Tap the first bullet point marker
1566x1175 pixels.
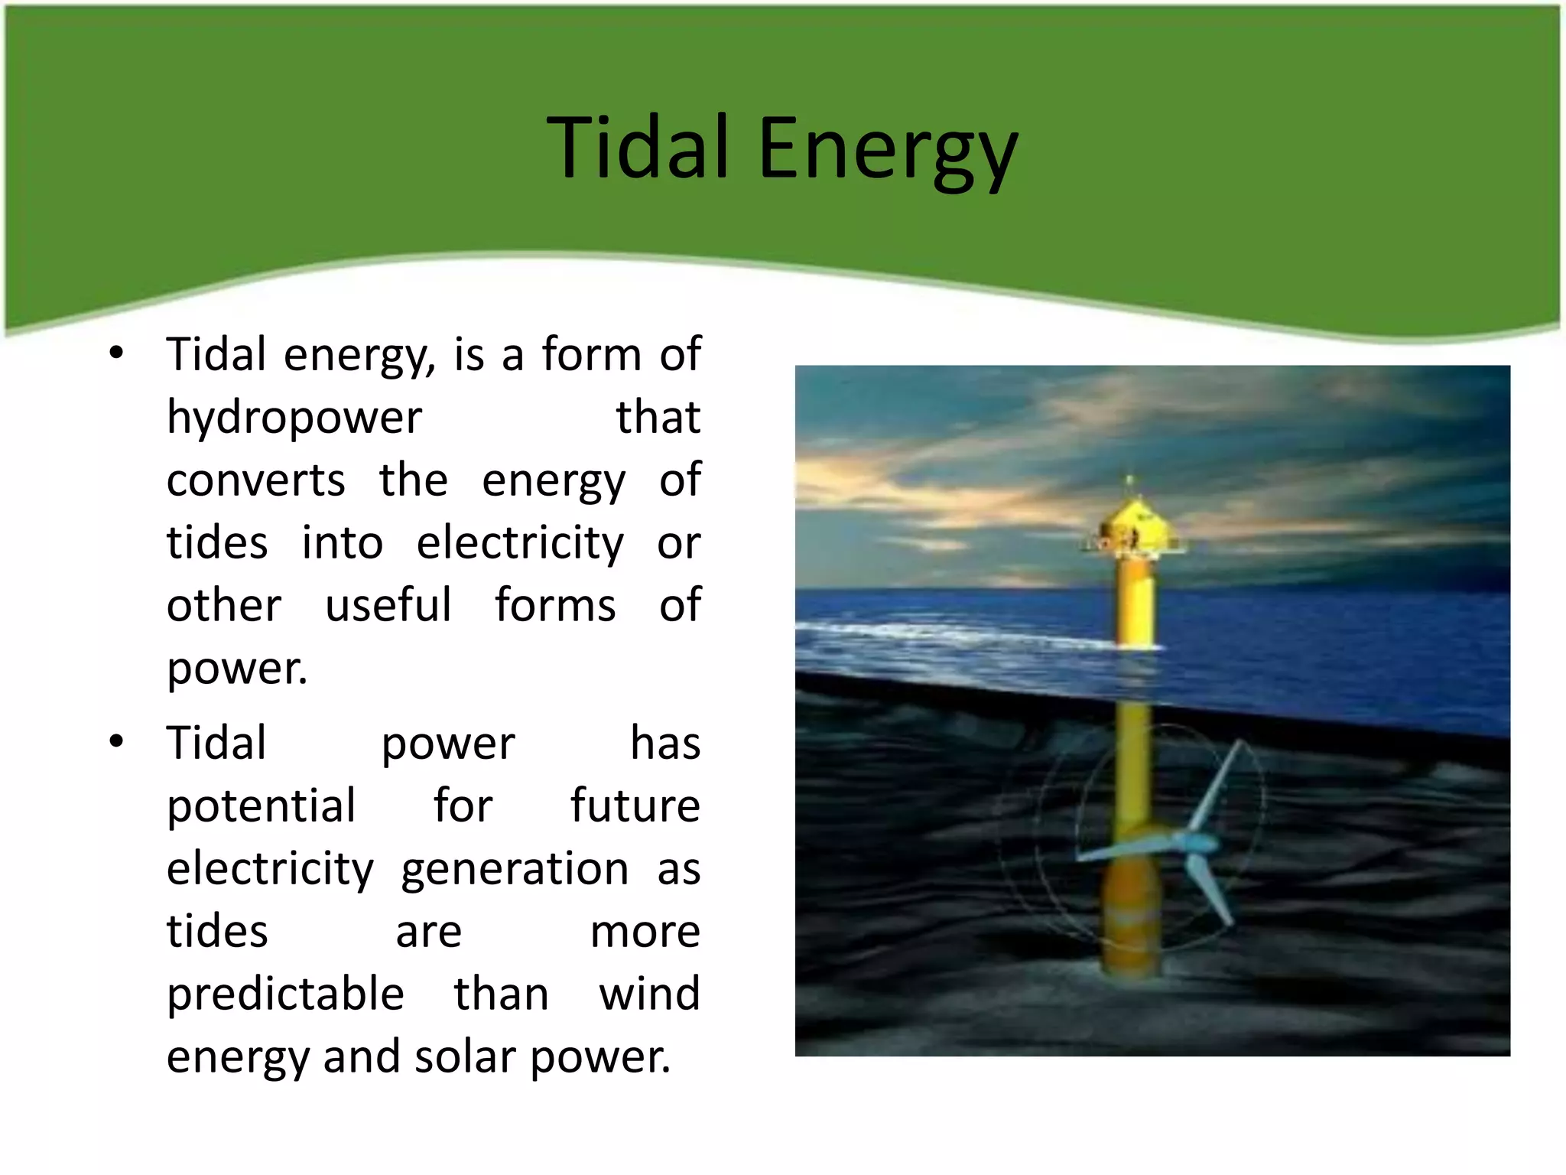(x=116, y=353)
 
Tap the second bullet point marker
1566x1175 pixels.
(x=116, y=741)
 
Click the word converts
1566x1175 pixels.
(x=255, y=480)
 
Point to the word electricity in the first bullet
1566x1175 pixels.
(x=520, y=543)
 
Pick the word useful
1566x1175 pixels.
(x=388, y=604)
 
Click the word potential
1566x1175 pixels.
(x=261, y=806)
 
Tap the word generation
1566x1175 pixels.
(x=514, y=870)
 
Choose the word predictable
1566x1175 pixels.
(x=284, y=994)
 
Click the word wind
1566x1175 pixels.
(x=649, y=994)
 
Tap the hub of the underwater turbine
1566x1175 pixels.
(x=1193, y=845)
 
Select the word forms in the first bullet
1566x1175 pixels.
(x=555, y=604)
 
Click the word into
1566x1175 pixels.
(x=342, y=543)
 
